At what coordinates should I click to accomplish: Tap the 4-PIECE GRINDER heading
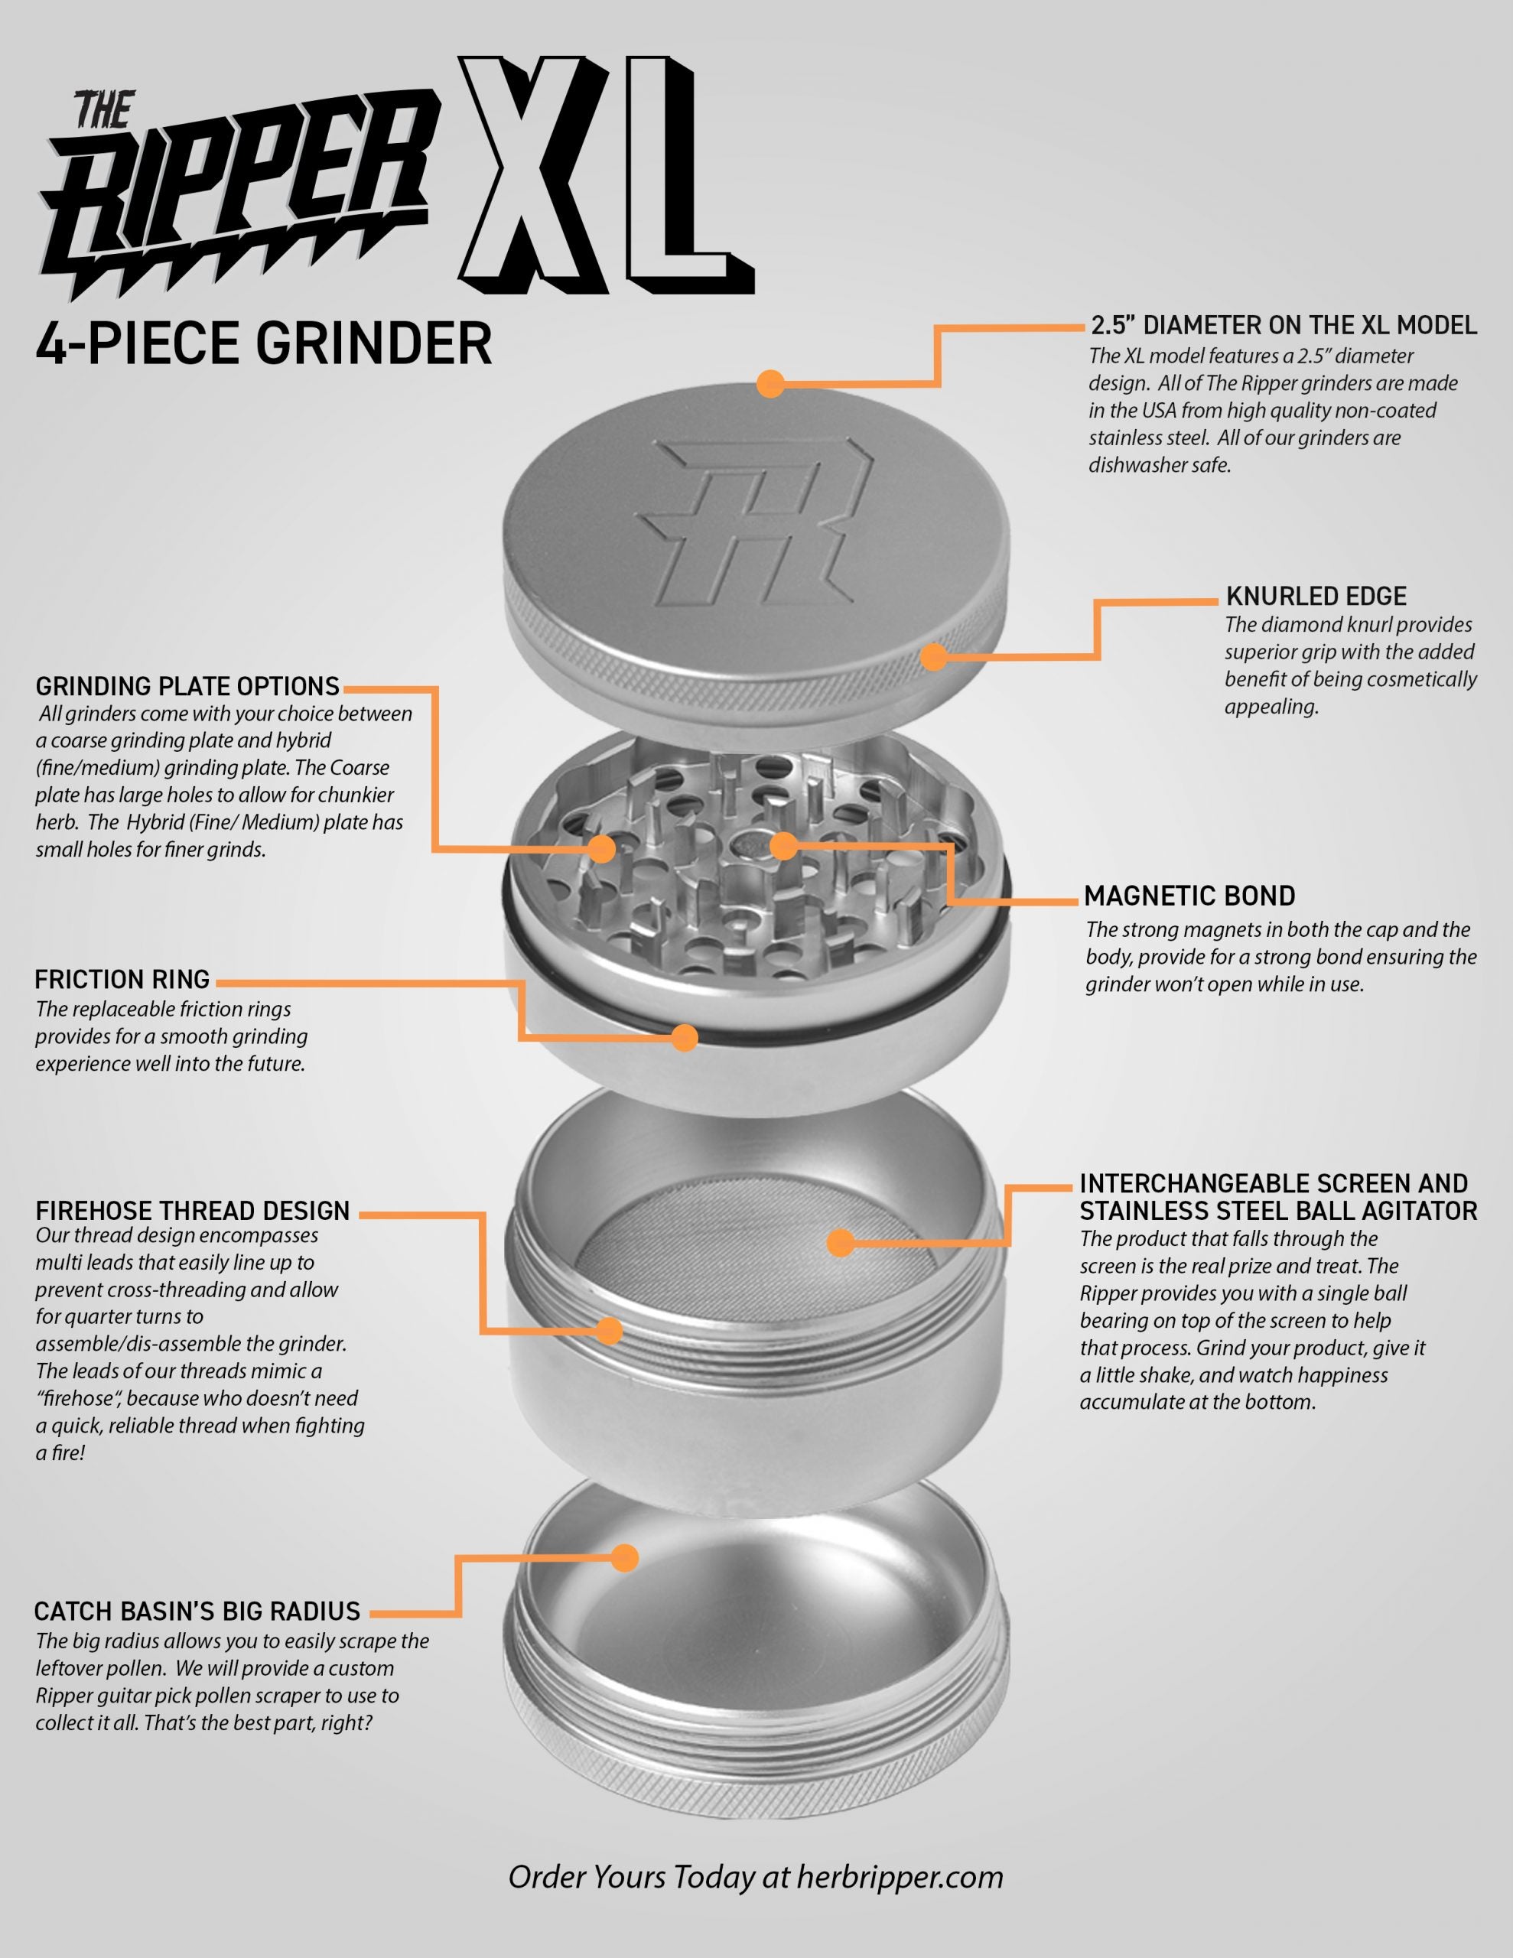(x=264, y=343)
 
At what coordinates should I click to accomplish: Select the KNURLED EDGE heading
(x=1316, y=596)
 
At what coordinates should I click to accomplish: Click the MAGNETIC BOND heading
(x=1189, y=896)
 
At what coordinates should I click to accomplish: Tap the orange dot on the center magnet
(x=783, y=844)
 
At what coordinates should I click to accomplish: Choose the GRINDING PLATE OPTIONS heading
(x=187, y=687)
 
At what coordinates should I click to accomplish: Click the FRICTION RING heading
(x=122, y=979)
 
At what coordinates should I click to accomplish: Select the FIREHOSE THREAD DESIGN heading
(x=193, y=1212)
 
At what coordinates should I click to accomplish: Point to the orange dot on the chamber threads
(x=610, y=1330)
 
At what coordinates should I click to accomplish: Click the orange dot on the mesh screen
(x=839, y=1243)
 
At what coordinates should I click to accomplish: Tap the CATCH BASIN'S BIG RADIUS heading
(x=197, y=1611)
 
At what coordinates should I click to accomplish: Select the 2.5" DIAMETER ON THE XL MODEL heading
(x=1284, y=324)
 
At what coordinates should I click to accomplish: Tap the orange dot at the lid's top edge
(x=770, y=384)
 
